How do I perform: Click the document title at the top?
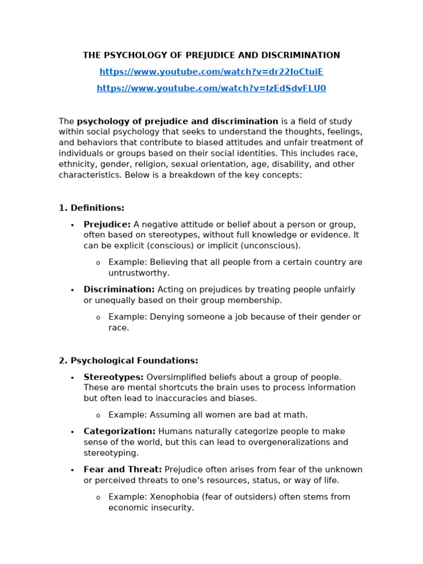211,55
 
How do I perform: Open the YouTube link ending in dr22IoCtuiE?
211,72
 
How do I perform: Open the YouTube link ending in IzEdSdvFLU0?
211,88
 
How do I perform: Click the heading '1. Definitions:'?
91,208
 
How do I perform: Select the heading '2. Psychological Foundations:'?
128,361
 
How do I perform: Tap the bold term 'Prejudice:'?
107,224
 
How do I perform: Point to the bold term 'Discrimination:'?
119,289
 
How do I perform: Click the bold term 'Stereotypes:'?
113,377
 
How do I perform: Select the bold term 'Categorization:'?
120,431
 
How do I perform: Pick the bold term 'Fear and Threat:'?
122,469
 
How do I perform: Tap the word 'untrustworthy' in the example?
138,273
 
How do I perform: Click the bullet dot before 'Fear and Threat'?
72,470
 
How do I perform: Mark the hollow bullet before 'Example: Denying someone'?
98,318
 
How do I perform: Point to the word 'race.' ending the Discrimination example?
118,328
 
